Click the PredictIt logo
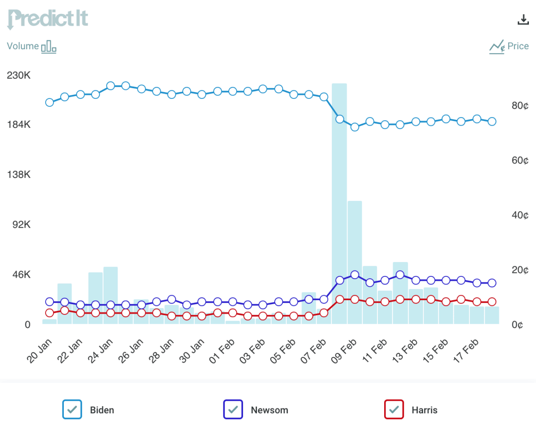[47, 19]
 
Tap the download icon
[522, 19]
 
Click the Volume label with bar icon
[31, 47]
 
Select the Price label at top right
[509, 47]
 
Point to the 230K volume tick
[19, 75]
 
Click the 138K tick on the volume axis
[19, 174]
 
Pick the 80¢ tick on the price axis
[520, 106]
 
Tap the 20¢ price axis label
[520, 270]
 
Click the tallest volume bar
[339, 201]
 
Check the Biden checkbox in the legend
[72, 409]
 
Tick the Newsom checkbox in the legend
[233, 409]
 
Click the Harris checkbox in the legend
[394, 409]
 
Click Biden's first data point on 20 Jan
[50, 102]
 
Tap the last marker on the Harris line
[492, 302]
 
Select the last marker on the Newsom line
[492, 283]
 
